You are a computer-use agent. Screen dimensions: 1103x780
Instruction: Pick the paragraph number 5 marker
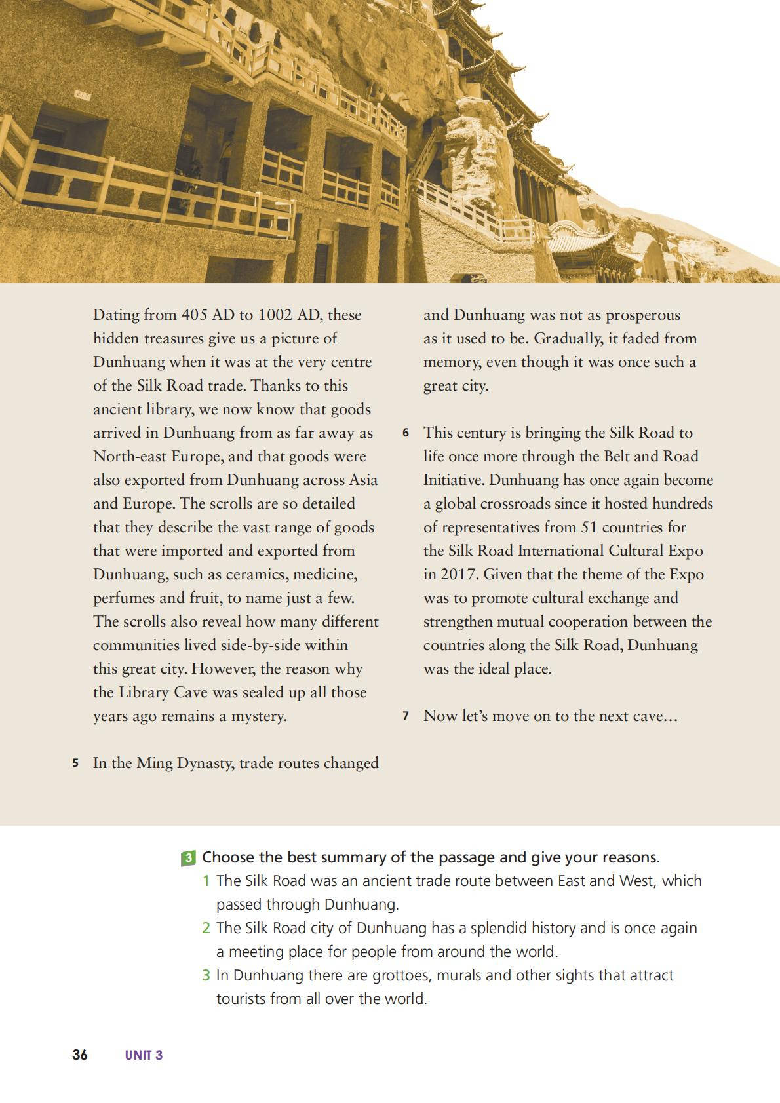click(76, 764)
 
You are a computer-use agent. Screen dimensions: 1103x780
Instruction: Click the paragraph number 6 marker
click(406, 433)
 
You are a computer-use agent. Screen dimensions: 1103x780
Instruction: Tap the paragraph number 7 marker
click(406, 716)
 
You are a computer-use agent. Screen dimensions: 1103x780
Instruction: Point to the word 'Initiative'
click(454, 480)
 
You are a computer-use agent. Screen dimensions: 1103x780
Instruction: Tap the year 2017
click(459, 575)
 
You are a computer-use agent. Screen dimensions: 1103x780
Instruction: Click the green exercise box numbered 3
click(188, 858)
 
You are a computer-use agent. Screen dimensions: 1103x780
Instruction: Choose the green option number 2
click(206, 929)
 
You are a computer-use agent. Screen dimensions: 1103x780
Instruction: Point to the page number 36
click(80, 1055)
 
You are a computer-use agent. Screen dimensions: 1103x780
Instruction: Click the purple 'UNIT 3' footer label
click(144, 1055)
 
